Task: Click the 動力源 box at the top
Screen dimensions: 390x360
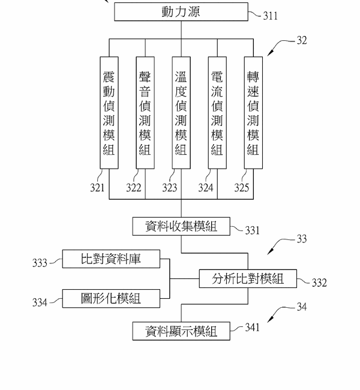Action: click(x=180, y=12)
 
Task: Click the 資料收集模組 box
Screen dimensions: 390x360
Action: click(x=181, y=226)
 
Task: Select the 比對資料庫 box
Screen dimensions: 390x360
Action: click(x=111, y=259)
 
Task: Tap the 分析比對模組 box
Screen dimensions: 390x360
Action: click(x=247, y=278)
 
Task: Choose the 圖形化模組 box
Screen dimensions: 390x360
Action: click(x=111, y=298)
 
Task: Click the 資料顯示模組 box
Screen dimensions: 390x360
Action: click(x=181, y=331)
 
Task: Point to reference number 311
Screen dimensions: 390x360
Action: click(x=270, y=16)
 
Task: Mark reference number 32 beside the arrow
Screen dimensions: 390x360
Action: click(x=301, y=41)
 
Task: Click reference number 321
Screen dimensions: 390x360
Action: click(x=97, y=188)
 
